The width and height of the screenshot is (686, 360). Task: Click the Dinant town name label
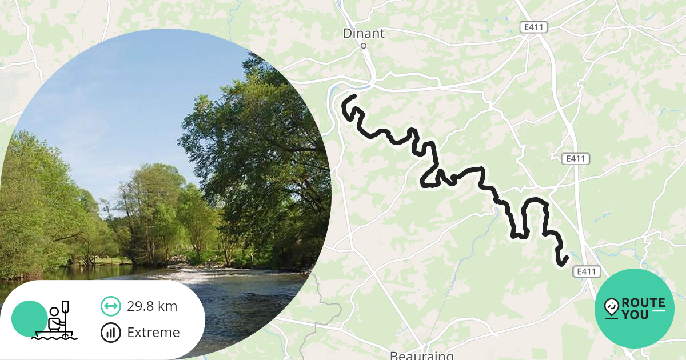point(364,33)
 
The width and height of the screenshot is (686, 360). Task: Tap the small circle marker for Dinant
point(364,46)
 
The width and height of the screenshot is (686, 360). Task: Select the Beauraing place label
point(421,355)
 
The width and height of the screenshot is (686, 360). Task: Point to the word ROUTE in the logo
point(643,303)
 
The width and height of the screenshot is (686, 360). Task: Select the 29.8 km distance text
point(152,306)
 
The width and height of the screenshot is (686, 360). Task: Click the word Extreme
point(153,333)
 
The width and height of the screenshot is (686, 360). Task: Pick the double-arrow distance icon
point(110,306)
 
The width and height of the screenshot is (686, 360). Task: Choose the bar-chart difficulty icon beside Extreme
point(110,333)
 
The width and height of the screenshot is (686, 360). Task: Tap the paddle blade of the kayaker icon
point(66,306)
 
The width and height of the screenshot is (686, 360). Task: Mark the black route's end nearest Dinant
point(354,96)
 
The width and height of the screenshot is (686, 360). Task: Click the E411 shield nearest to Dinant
point(534,27)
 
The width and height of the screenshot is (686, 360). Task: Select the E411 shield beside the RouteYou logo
point(587,272)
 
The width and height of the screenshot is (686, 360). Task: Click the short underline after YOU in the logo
point(659,311)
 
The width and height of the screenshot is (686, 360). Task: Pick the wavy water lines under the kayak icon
point(54,336)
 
